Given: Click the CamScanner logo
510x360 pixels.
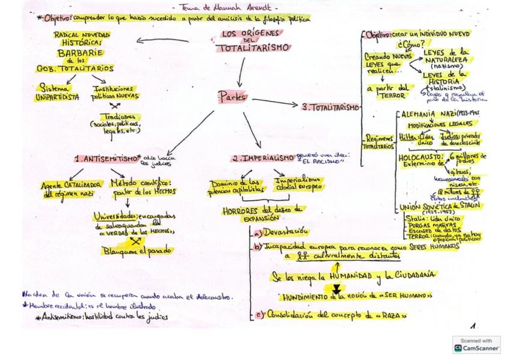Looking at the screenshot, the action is click(x=477, y=344).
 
